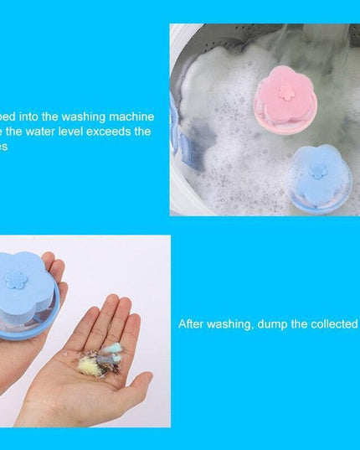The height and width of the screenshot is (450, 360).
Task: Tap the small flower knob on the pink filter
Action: pos(287,91)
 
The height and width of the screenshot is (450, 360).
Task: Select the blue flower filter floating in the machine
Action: pos(319,178)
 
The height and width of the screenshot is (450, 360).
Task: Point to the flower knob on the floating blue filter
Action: pos(319,170)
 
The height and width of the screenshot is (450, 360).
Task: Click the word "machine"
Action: pos(130,116)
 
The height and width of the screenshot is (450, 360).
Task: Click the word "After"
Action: pos(192,323)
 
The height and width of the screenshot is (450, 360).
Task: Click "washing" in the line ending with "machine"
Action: pos(83,116)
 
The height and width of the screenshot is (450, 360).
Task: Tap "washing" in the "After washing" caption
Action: pos(229,323)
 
